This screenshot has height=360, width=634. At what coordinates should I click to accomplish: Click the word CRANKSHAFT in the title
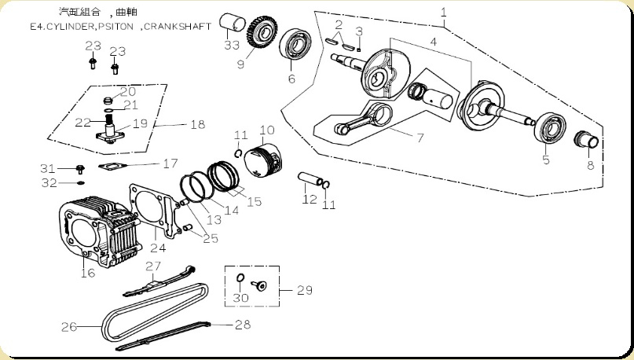178,27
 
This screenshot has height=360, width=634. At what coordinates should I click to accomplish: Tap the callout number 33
232,45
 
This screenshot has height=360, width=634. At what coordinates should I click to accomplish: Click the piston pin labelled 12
310,179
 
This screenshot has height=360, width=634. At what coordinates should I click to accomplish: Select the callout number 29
305,290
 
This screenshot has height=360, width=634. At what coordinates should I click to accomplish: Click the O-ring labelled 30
240,278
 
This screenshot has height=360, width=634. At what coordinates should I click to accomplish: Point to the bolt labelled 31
80,169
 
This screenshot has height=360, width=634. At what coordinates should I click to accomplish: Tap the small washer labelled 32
80,183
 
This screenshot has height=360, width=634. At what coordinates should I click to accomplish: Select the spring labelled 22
108,119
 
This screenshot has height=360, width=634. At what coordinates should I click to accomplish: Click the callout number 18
198,124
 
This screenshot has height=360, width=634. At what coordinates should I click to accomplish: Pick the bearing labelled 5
550,128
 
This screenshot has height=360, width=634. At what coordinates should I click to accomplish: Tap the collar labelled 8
586,141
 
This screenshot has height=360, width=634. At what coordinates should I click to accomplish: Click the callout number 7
420,138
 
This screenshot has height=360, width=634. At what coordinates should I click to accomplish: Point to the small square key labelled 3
359,50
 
